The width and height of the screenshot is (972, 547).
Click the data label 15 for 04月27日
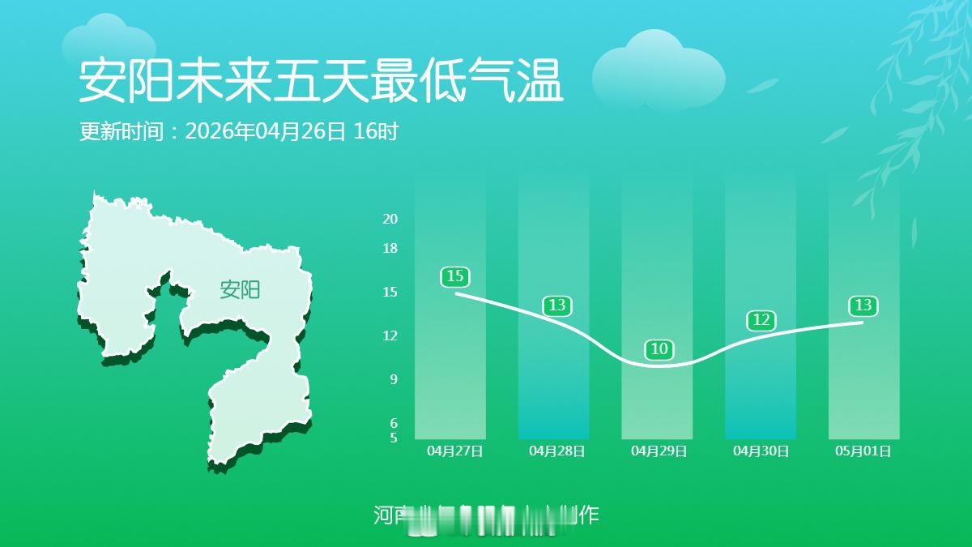tap(455, 277)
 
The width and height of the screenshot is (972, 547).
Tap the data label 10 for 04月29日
tap(659, 349)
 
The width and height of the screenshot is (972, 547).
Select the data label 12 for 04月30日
tap(761, 320)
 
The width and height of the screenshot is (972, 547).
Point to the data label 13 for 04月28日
tap(557, 306)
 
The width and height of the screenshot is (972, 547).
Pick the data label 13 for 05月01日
tap(863, 306)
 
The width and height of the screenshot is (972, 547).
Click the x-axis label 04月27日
tap(455, 451)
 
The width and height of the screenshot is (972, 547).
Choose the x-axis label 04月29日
tap(659, 451)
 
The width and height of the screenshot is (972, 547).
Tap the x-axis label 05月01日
tap(863, 451)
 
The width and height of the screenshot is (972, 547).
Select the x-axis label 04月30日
tap(761, 451)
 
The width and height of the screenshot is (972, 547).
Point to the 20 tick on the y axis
tap(390, 219)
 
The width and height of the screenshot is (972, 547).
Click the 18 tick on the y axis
tap(390, 248)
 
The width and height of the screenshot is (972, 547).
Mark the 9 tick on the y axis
tap(394, 379)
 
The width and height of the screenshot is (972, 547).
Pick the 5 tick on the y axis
tap(394, 438)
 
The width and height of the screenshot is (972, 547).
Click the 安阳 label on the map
tap(240, 289)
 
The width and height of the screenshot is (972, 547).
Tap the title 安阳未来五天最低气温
tap(321, 81)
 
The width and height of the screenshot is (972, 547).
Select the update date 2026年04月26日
tap(266, 131)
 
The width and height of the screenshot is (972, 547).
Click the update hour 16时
tap(377, 131)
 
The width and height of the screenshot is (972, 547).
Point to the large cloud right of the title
tap(658, 71)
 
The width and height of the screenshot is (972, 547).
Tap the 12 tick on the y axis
tap(390, 335)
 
